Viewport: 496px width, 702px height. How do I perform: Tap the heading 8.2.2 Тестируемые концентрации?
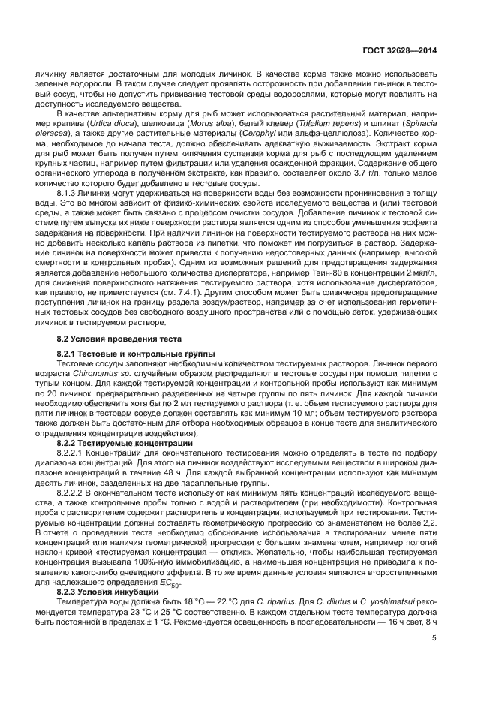(113, 443)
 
